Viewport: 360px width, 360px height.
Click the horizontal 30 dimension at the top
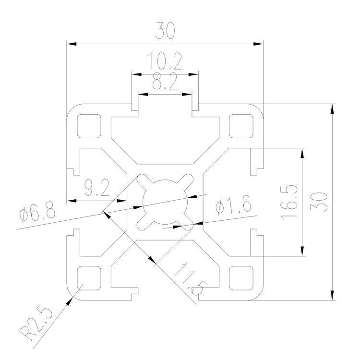pos(165,31)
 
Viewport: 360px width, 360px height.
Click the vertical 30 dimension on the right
pos(320,202)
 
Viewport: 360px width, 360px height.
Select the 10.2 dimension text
pos(165,63)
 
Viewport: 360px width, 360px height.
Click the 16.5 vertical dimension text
pos(289,202)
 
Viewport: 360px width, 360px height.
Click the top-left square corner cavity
pos(90,126)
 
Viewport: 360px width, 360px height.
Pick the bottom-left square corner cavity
pos(90,277)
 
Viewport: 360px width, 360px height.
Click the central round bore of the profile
pos(165,202)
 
